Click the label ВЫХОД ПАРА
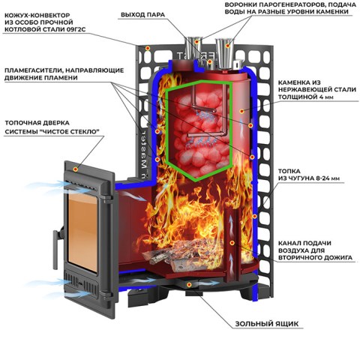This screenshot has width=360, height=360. (142, 14)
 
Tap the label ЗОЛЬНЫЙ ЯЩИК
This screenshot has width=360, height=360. (267, 324)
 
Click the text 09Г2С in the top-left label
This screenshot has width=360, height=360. (76, 29)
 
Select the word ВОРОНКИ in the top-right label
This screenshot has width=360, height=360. (240, 4)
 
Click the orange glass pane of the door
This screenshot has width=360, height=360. (82, 231)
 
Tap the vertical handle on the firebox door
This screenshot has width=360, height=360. (55, 250)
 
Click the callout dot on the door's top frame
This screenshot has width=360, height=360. (75, 169)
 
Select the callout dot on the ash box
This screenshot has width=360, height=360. (189, 284)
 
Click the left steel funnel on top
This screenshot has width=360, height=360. (193, 50)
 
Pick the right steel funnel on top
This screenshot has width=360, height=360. (225, 53)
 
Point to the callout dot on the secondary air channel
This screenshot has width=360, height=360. (232, 243)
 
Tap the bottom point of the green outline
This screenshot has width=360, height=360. (196, 180)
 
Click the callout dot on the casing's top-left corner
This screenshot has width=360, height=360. (148, 48)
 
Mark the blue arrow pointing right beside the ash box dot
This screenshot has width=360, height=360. (208, 283)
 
